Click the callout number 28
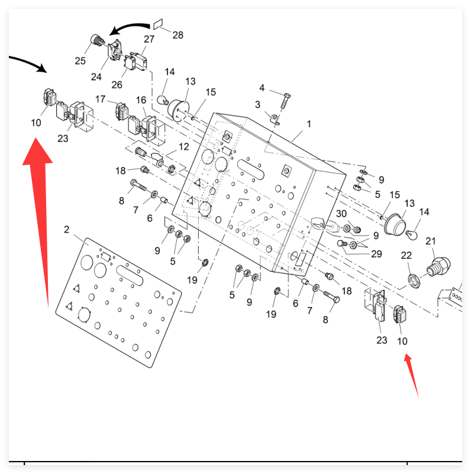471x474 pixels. pyautogui.click(x=178, y=35)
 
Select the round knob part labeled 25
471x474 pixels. pyautogui.click(x=95, y=41)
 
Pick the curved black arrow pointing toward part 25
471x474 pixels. pyautogui.click(x=130, y=27)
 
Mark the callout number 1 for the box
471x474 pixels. pyautogui.click(x=308, y=125)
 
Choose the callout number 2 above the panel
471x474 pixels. pyautogui.click(x=67, y=229)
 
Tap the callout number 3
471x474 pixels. pyautogui.click(x=257, y=105)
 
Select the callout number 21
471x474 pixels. pyautogui.click(x=431, y=241)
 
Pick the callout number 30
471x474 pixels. pyautogui.click(x=341, y=214)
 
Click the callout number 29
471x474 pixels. pyautogui.click(x=377, y=254)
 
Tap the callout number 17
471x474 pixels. pyautogui.click(x=100, y=99)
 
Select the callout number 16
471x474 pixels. pyautogui.click(x=141, y=99)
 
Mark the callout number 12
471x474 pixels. pyautogui.click(x=184, y=146)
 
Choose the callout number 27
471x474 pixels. pyautogui.click(x=149, y=39)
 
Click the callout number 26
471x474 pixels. pyautogui.click(x=117, y=85)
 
